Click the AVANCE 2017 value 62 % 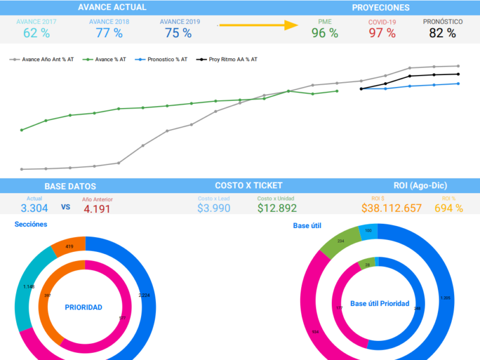click(37, 33)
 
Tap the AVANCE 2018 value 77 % click(109, 33)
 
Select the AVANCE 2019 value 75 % click(179, 33)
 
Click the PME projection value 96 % click(325, 33)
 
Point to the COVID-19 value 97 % click(382, 33)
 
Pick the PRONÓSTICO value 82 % click(443, 33)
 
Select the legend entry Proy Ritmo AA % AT click(233, 59)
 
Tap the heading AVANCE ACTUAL click(112, 8)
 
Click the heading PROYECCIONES click(381, 8)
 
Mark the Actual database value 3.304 click(34, 208)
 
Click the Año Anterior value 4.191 click(97, 209)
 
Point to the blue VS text click(66, 208)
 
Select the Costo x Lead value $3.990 click(214, 208)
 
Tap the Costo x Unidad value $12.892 click(277, 208)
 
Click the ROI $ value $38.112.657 click(391, 208)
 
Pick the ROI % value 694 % click(449, 208)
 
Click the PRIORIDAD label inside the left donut click(83, 307)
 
